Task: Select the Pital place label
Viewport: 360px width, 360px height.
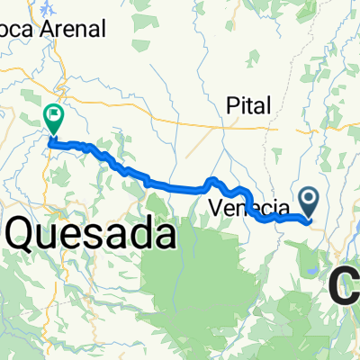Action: [x=248, y=105]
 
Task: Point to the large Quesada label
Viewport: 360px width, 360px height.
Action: [x=90, y=237]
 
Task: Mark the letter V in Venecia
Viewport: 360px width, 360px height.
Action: [x=216, y=207]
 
